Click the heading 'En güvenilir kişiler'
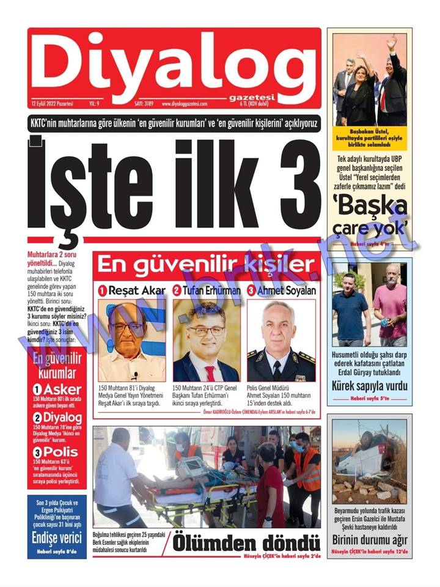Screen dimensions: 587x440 (x=206, y=265)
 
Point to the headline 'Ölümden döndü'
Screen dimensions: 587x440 (x=246, y=544)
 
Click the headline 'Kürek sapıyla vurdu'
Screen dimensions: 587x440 (x=369, y=386)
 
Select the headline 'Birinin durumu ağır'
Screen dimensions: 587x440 (x=369, y=540)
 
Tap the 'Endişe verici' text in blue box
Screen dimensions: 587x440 (x=57, y=539)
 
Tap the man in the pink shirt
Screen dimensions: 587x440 (x=391, y=306)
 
